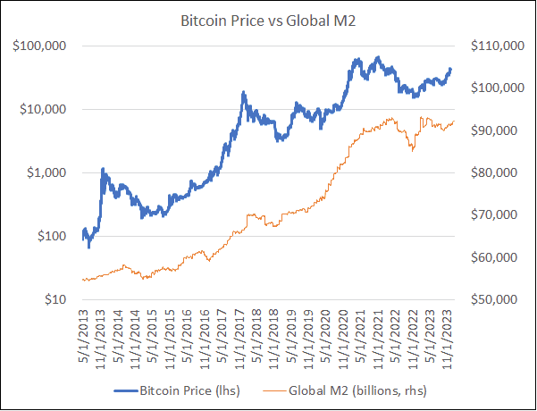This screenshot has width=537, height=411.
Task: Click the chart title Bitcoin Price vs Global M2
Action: (268, 19)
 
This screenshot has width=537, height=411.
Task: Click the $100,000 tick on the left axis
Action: (45, 46)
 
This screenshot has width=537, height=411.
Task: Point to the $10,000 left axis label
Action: (48, 109)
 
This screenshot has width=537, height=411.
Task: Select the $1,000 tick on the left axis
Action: (52, 172)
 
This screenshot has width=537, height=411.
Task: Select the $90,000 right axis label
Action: (489, 130)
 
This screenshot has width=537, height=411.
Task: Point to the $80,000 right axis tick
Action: (489, 172)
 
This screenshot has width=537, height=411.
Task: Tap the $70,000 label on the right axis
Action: (489, 215)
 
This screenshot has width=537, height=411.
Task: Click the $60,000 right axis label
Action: (489, 257)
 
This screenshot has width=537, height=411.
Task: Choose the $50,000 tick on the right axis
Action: (489, 300)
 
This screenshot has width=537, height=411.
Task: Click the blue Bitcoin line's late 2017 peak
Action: (243, 92)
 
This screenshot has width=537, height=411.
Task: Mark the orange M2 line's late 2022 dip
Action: (412, 150)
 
